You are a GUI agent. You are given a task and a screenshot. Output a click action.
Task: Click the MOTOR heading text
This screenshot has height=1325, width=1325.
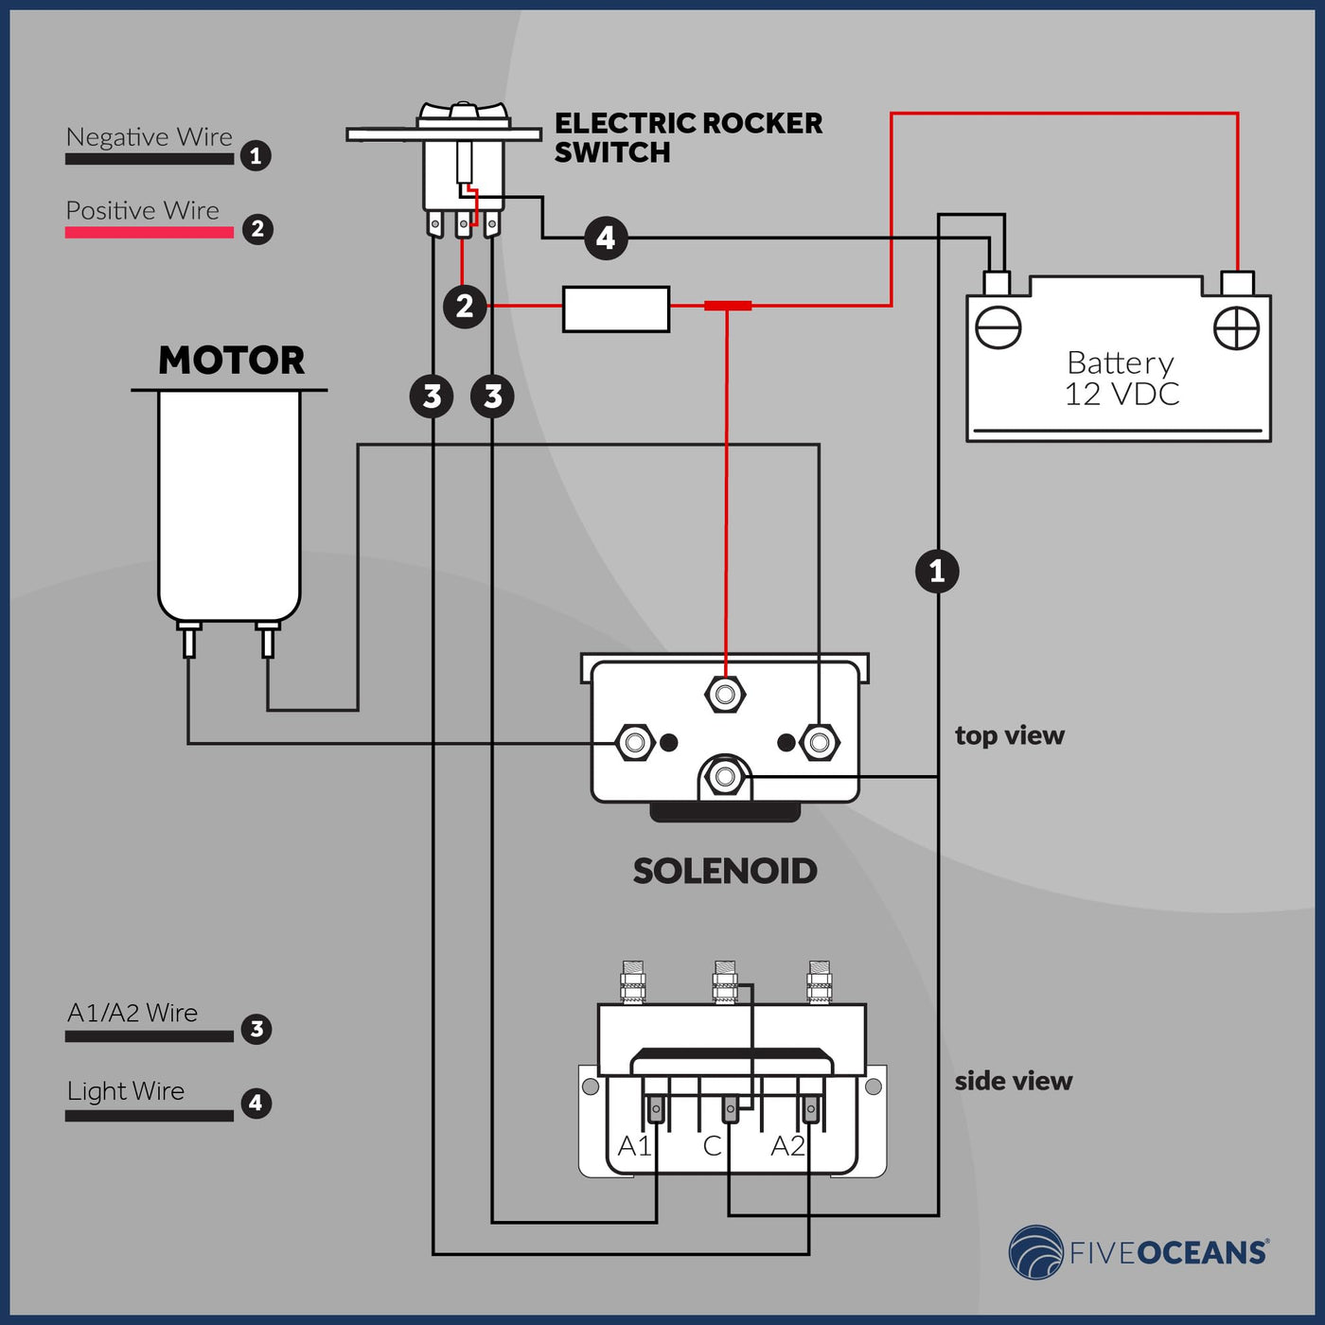231,361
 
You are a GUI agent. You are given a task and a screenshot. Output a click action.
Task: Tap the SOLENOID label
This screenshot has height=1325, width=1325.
725,872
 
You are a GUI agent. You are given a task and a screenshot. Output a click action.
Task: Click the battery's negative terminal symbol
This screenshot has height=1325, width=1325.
998,328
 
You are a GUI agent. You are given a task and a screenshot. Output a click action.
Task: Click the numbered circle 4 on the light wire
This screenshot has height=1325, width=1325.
606,238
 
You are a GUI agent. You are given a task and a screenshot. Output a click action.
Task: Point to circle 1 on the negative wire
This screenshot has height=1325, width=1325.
937,571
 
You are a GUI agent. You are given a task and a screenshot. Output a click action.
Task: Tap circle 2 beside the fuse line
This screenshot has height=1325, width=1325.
465,306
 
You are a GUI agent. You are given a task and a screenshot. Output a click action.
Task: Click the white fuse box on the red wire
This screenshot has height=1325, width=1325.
616,309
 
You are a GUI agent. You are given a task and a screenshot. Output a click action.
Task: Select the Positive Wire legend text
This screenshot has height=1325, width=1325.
142,210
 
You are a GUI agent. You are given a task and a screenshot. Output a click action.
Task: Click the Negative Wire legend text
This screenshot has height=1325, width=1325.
149,137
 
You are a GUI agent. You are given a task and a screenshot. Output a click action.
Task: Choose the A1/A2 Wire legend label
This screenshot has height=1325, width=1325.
132,1013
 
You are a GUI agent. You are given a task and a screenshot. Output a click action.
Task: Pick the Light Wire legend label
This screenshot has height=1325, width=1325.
126,1091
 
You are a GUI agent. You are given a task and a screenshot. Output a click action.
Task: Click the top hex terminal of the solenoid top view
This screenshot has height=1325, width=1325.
725,694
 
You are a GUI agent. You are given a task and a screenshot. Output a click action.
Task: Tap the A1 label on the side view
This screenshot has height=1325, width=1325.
634,1146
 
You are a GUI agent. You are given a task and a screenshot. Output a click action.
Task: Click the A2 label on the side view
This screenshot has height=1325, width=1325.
787,1146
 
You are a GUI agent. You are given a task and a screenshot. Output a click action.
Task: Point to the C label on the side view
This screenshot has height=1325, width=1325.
712,1146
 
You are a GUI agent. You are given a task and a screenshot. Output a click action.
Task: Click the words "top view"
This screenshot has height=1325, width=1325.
1009,735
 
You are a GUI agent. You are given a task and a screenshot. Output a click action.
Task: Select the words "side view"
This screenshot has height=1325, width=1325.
1013,1081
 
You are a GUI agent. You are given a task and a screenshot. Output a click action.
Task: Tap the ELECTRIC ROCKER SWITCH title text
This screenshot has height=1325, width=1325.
688,137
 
